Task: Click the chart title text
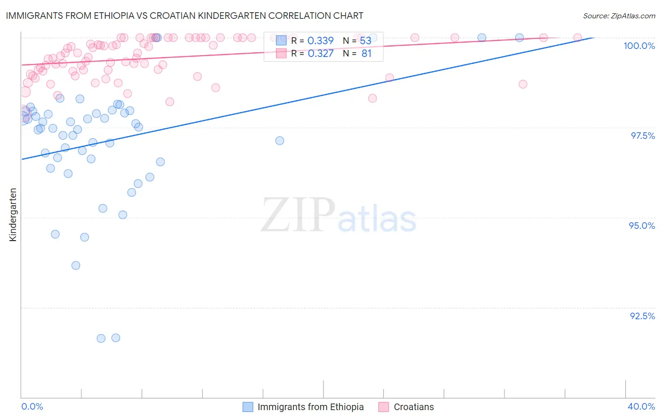tap(185, 16)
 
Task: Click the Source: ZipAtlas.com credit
tap(619, 16)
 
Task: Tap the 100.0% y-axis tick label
tap(639, 46)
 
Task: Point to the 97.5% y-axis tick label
tap(642, 136)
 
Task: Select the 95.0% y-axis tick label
tap(642, 226)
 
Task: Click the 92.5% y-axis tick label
tap(642, 316)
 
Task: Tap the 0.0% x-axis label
tap(32, 406)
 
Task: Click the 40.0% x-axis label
tap(641, 406)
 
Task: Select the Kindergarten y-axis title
tap(13, 215)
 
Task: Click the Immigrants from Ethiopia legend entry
tap(310, 407)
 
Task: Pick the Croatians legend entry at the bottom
tap(414, 407)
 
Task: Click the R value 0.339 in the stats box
tap(320, 41)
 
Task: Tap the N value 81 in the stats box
tap(366, 54)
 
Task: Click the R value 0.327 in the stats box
tap(320, 54)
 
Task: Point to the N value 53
tap(365, 41)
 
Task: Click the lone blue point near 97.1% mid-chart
tap(280, 141)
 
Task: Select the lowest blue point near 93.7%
tap(76, 266)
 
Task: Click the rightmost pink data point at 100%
tap(578, 38)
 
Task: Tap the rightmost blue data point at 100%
tap(519, 38)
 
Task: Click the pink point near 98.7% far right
tap(523, 84)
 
